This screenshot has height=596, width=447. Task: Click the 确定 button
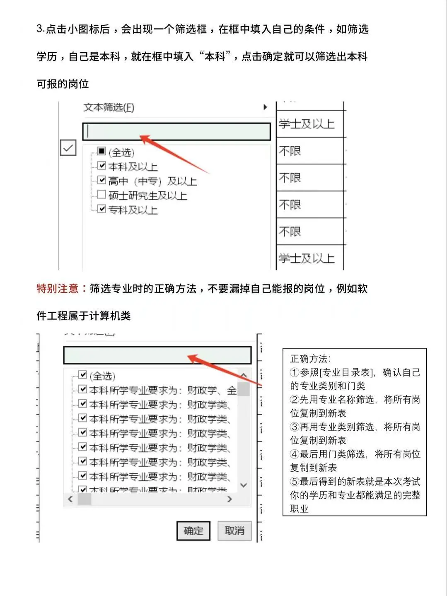point(193,531)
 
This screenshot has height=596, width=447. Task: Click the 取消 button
point(234,531)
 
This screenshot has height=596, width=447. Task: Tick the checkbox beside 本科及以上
point(102,166)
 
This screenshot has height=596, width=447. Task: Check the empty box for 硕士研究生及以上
point(102,194)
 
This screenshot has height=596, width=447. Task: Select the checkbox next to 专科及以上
point(102,209)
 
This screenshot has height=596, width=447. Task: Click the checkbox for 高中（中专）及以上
point(102,180)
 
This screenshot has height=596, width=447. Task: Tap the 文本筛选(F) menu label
point(109,108)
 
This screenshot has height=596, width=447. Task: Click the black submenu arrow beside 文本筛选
point(265,107)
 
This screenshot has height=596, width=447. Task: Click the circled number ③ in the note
point(295,427)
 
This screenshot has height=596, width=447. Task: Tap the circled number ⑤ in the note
point(295,482)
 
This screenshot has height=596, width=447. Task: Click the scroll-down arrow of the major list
point(244,485)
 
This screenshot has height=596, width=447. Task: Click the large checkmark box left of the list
point(68,148)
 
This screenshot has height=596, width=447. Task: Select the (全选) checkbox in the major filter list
point(83,375)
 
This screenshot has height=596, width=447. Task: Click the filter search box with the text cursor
point(176,132)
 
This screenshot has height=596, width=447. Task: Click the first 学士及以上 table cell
point(307,124)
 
